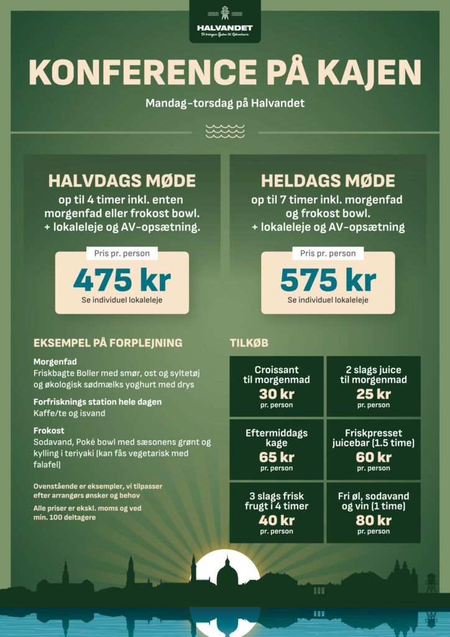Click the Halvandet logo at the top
click(224, 22)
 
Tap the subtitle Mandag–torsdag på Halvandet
click(225, 103)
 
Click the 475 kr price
click(122, 280)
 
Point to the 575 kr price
click(328, 280)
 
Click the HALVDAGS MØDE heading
click(122, 181)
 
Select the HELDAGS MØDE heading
click(328, 181)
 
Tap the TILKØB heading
click(249, 343)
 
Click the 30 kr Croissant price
click(277, 394)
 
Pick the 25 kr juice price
click(374, 394)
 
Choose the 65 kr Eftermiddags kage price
click(277, 457)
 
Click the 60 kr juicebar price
click(374, 457)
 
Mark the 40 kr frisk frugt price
click(277, 520)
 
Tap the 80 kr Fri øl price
click(374, 520)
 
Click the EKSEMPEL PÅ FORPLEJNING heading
click(108, 343)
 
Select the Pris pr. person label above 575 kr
click(328, 253)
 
